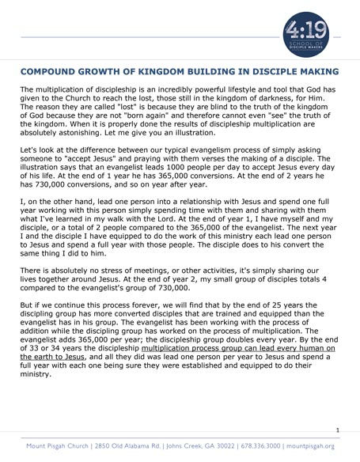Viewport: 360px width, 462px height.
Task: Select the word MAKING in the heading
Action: (317, 70)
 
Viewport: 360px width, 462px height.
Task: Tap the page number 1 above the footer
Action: (338, 430)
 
